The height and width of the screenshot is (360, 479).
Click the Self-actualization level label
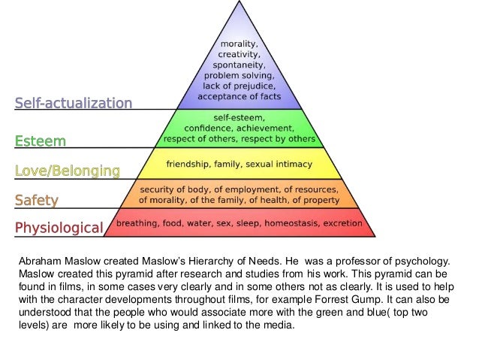tap(74, 102)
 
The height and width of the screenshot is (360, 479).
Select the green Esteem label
tap(41, 141)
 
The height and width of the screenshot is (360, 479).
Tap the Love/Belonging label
tap(67, 171)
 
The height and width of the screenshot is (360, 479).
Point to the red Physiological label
tap(59, 227)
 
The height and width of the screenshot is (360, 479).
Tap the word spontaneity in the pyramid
tap(239, 65)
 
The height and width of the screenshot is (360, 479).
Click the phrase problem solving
tap(239, 76)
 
